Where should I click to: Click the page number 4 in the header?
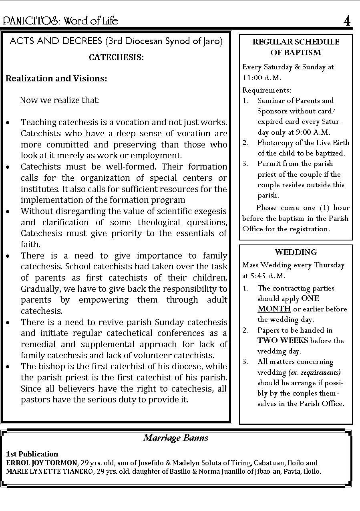tap(347, 21)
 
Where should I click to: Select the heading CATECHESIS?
tap(116, 57)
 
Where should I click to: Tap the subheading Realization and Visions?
tap(56, 79)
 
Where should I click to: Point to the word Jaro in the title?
tap(211, 41)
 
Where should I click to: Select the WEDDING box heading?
tap(296, 252)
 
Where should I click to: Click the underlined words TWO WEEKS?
tap(283, 341)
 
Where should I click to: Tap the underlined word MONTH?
tap(274, 309)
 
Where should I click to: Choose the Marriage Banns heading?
tap(176, 438)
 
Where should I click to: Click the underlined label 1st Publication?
tap(32, 454)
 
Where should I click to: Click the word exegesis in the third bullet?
tap(209, 211)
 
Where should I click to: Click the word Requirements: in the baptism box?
tap(267, 91)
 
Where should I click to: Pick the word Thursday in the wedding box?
tap(329, 265)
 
